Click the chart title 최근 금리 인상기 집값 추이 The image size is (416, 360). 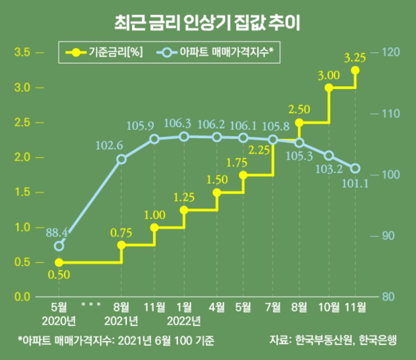208,23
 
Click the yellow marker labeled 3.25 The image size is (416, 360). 355,70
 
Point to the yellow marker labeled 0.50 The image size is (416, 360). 59,262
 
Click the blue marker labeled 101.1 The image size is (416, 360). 355,168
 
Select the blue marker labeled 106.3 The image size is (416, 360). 184,136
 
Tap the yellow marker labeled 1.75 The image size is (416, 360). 243,175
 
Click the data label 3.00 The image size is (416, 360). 329,76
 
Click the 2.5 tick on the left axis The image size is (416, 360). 23,122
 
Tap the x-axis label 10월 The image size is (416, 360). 329,308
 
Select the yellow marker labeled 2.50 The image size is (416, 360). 299,123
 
